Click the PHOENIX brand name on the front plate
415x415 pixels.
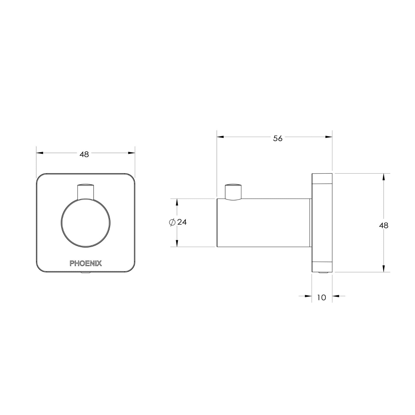[x=86, y=263]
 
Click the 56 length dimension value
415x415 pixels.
[x=278, y=139]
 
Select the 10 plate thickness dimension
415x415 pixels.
[x=321, y=298]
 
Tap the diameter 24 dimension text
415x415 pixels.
[x=182, y=222]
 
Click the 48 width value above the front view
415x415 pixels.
[x=84, y=154]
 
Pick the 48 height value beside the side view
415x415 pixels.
[x=384, y=225]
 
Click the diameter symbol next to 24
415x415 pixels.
[x=171, y=222]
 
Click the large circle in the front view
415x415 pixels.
[x=86, y=223]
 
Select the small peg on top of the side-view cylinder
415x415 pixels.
[x=233, y=191]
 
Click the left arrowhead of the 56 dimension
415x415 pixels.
[x=220, y=137]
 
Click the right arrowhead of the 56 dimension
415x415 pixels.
[x=329, y=137]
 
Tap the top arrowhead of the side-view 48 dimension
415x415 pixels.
[x=384, y=177]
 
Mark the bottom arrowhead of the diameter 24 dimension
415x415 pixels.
[x=177, y=243]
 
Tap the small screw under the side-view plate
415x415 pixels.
[x=322, y=273]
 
